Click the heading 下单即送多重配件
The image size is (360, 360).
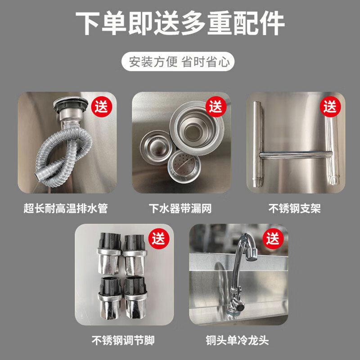point(180,23)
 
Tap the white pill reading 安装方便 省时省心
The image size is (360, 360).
point(178,62)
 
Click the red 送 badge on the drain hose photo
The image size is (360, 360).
point(102,107)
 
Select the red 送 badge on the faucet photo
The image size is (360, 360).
point(273,239)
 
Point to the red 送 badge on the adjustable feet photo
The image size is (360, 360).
point(159,239)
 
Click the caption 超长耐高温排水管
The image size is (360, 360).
point(66,208)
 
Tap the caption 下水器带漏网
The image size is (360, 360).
point(180,208)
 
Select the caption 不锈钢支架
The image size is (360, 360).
point(295,208)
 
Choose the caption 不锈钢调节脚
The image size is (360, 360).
point(123,340)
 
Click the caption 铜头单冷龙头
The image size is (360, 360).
point(237,340)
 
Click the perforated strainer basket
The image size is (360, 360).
point(184,166)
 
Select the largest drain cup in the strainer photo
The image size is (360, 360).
point(196,129)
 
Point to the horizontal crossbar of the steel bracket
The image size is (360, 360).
point(296,155)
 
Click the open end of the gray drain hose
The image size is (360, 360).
point(38,175)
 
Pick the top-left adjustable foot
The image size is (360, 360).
point(109,254)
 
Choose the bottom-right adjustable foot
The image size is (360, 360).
point(135,298)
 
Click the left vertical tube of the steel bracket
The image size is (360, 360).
point(257,144)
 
